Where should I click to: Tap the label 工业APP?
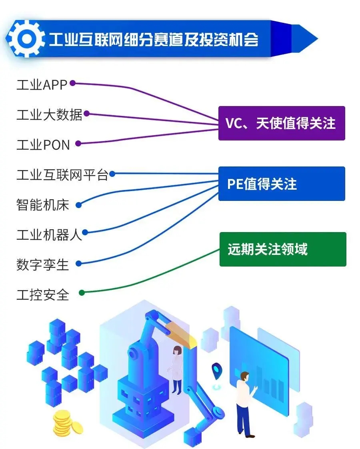pyautogui.click(x=42, y=85)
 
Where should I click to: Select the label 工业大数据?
pyautogui.click(x=49, y=115)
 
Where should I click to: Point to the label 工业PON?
pyautogui.click(x=43, y=144)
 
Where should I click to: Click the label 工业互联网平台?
pyautogui.click(x=62, y=175)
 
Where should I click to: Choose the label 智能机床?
pyautogui.click(x=43, y=205)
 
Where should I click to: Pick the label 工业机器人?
pyautogui.click(x=49, y=235)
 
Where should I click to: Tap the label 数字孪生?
pyautogui.click(x=43, y=265)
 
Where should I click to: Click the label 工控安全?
pyautogui.click(x=43, y=295)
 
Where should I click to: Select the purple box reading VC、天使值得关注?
pyautogui.click(x=281, y=123)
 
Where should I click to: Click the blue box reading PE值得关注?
pyautogui.click(x=281, y=184)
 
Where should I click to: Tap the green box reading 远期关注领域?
pyautogui.click(x=282, y=249)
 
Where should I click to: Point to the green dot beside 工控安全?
pyautogui.click(x=82, y=293)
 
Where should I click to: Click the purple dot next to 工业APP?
pyautogui.click(x=73, y=83)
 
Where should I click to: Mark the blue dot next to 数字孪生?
pyautogui.click(x=79, y=264)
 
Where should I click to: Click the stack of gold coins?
pyautogui.click(x=67, y=422)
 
